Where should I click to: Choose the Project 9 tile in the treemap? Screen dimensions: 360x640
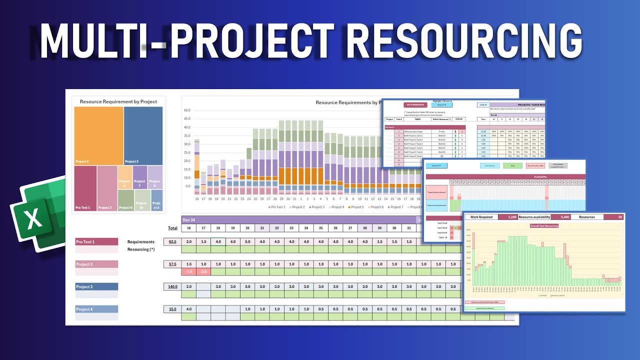(125, 200)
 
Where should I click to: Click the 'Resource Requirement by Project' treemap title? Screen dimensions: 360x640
(118, 101)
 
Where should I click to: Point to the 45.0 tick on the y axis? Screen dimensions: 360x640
(187, 118)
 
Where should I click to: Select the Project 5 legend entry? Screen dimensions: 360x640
(355, 207)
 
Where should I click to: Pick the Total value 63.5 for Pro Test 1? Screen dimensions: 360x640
(172, 242)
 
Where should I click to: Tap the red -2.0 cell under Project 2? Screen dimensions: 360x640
(203, 271)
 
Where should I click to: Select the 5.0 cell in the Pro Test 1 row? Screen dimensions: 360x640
(247, 242)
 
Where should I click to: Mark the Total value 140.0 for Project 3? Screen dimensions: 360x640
(172, 287)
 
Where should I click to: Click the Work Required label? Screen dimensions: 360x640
(482, 217)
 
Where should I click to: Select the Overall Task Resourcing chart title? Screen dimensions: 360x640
(544, 225)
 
